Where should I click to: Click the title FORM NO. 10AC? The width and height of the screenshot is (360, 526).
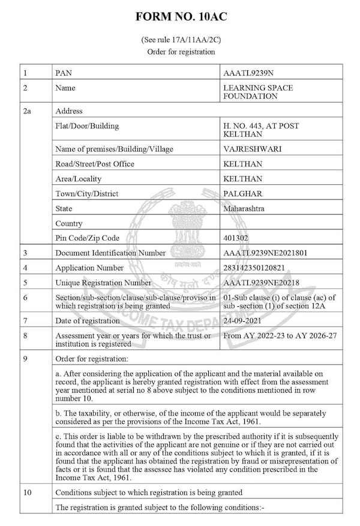(x=181, y=17)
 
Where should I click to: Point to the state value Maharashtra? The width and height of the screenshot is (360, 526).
(x=243, y=208)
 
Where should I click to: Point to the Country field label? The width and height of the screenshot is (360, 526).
(x=68, y=223)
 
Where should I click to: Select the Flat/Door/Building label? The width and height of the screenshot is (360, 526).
(x=87, y=125)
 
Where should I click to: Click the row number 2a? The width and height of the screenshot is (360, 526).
(x=26, y=111)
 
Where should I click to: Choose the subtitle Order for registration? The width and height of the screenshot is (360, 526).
(x=181, y=52)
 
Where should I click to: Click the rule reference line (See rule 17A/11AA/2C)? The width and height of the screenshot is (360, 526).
(x=181, y=40)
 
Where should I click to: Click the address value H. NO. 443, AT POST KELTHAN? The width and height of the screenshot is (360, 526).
(x=260, y=130)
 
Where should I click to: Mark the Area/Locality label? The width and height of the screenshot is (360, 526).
(x=79, y=178)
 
